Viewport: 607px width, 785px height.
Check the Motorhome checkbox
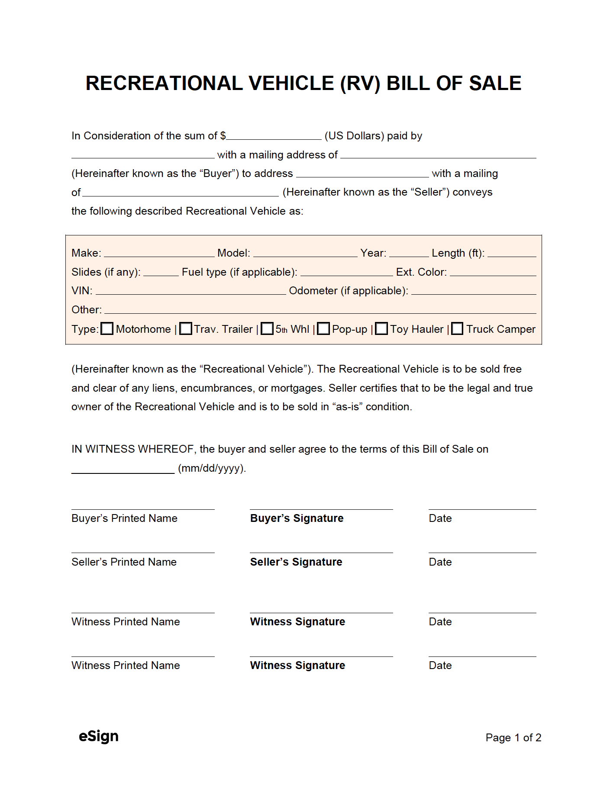click(107, 329)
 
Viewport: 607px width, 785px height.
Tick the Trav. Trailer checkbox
click(186, 329)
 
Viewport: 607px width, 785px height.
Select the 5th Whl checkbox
click(268, 329)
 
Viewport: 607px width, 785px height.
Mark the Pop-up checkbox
click(323, 329)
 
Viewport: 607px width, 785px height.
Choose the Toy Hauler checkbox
click(381, 329)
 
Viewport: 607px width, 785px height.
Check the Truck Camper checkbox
click(457, 329)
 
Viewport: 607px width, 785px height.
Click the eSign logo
click(99, 736)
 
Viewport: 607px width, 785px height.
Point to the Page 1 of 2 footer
click(513, 737)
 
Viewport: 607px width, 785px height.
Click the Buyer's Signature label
click(297, 518)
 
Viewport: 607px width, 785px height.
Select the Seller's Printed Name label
click(124, 562)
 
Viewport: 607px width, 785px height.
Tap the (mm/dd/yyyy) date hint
click(212, 468)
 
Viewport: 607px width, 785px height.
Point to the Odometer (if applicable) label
click(349, 291)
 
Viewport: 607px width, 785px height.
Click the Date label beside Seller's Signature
click(440, 562)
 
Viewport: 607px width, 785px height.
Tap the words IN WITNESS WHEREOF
click(132, 449)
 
